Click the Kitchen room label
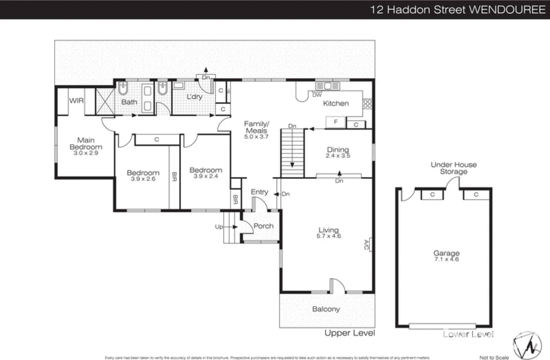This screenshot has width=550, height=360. pyautogui.click(x=335, y=103)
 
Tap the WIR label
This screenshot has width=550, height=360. pyautogui.click(x=76, y=101)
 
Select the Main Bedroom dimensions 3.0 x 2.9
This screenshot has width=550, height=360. pyautogui.click(x=86, y=153)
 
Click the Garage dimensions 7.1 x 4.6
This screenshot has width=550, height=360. pyautogui.click(x=446, y=259)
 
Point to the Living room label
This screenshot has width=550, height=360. pyautogui.click(x=328, y=230)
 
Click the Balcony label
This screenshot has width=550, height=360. pyautogui.click(x=326, y=309)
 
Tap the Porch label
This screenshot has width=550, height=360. pyautogui.click(x=263, y=226)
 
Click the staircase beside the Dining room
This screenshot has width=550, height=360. pyautogui.click(x=292, y=153)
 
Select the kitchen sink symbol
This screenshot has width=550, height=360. pyautogui.click(x=327, y=86)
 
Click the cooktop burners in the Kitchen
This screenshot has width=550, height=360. pyautogui.click(x=367, y=103)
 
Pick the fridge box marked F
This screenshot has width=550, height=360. pyautogui.click(x=335, y=122)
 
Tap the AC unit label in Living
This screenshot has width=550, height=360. pyautogui.click(x=366, y=245)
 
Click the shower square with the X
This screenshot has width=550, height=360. pyautogui.click(x=104, y=101)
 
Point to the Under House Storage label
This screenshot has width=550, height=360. pyautogui.click(x=453, y=168)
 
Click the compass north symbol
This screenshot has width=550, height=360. pyautogui.click(x=527, y=346)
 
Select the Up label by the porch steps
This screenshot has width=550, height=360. pyautogui.click(x=219, y=227)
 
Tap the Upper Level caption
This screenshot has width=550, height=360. pyautogui.click(x=350, y=333)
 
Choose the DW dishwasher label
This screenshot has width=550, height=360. pyautogui.click(x=317, y=95)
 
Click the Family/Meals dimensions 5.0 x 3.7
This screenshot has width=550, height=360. pyautogui.click(x=256, y=137)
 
